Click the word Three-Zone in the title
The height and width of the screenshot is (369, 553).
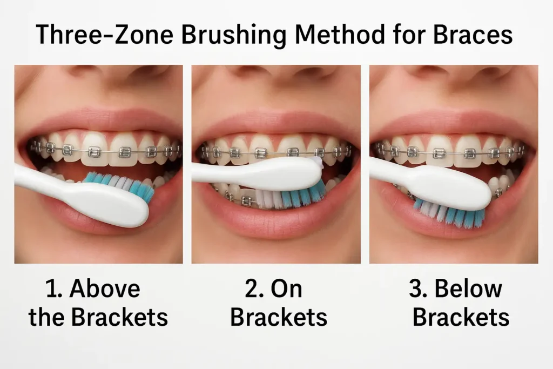(104, 34)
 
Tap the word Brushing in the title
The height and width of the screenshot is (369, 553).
(233, 35)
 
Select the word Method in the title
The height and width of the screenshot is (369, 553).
(339, 34)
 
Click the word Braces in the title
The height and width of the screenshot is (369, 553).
(473, 34)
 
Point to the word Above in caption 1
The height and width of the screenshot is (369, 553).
(105, 289)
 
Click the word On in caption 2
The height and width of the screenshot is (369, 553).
(286, 289)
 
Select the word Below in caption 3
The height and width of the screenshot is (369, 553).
(468, 288)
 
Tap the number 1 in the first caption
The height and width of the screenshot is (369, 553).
(51, 289)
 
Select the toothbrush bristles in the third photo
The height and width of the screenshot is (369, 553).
(450, 214)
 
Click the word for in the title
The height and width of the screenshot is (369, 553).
(408, 34)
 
